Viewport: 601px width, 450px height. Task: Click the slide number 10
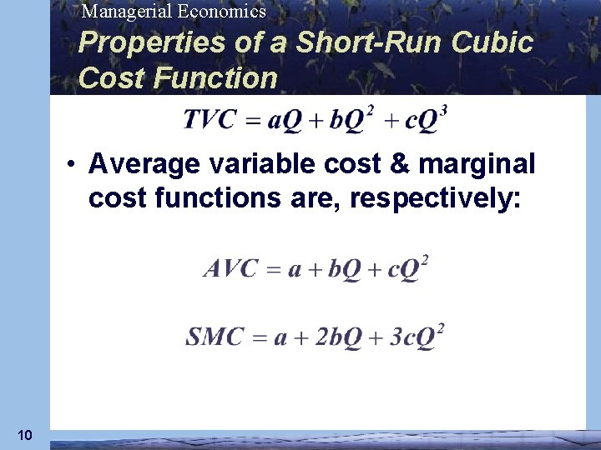point(24,434)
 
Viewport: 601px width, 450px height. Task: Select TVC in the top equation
point(210,121)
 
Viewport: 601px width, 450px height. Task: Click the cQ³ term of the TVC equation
point(426,121)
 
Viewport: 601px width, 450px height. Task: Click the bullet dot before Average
point(74,164)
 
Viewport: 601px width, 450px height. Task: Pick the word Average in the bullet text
point(144,164)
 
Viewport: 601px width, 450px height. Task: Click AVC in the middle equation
point(230,270)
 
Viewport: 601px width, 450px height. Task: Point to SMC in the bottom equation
point(215,337)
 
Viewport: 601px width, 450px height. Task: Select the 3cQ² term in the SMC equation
point(415,337)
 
